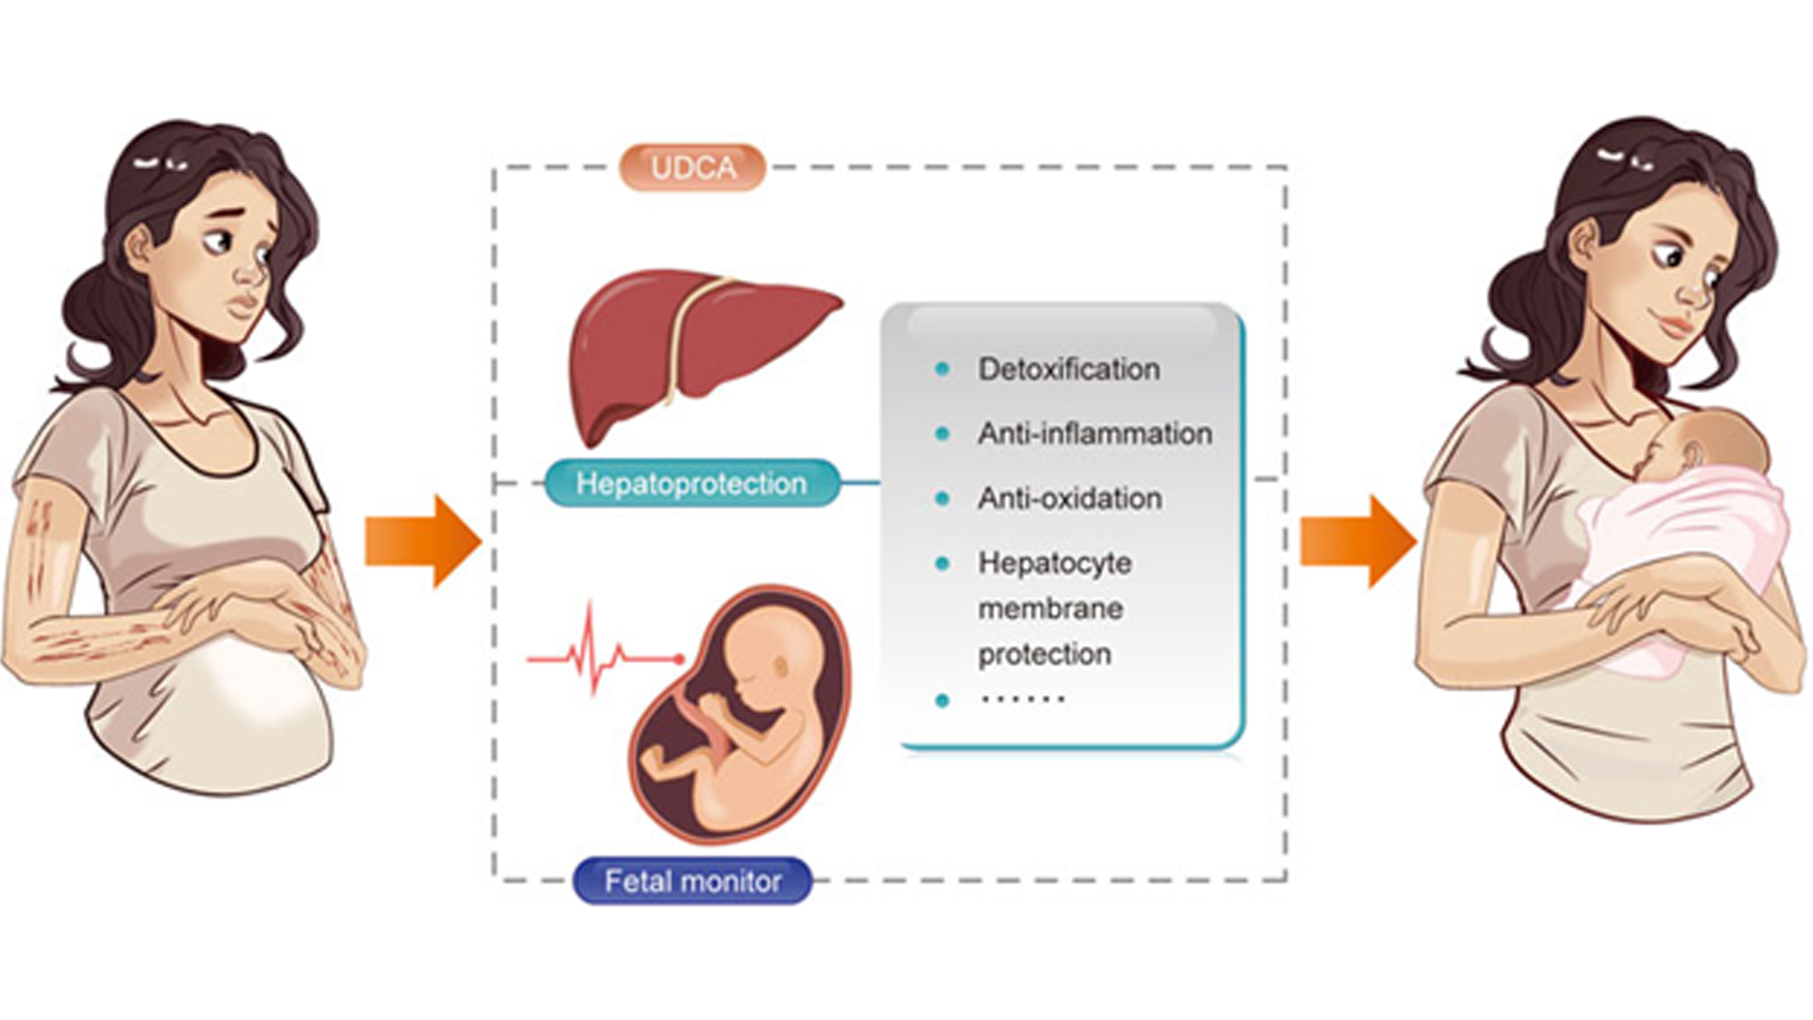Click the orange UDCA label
coord(692,167)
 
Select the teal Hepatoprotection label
coord(692,484)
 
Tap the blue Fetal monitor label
coord(693,881)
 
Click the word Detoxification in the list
coord(1069,369)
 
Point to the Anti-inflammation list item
coord(1095,433)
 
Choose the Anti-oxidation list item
coord(1070,498)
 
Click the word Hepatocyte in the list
coord(1055,564)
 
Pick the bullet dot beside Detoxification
coord(941,369)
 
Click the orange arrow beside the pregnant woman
coord(423,541)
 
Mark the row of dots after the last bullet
coord(1024,700)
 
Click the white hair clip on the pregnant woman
coord(161,163)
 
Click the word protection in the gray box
coord(1044,654)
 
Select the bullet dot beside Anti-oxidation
coord(941,498)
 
